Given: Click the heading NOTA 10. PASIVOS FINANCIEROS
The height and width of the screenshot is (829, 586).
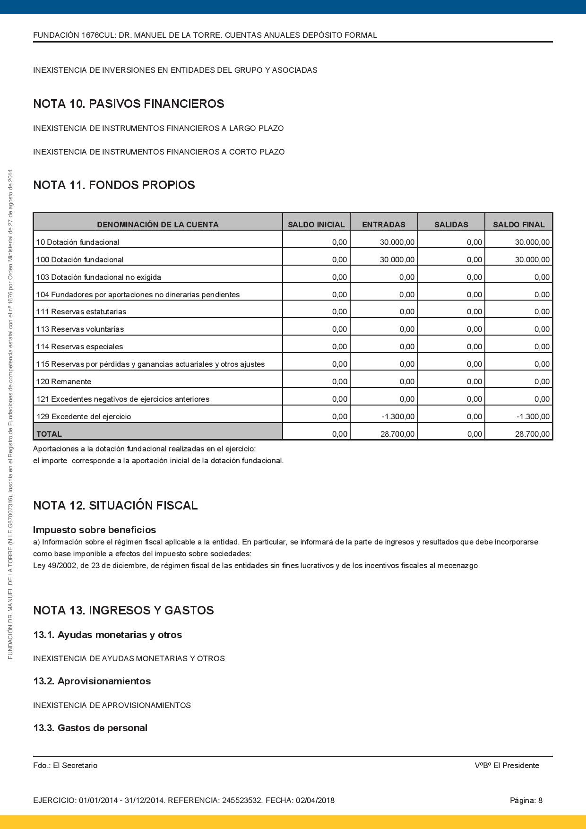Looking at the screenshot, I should [129, 104].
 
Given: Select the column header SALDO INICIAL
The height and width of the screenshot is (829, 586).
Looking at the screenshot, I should [316, 225].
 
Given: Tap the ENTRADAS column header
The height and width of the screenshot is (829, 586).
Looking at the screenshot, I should [384, 225].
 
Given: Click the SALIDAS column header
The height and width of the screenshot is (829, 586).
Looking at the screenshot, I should [451, 225].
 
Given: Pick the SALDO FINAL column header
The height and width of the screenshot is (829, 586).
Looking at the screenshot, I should [518, 225].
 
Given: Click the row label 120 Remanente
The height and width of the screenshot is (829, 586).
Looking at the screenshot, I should [64, 381].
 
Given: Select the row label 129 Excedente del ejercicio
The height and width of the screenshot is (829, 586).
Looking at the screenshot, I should [84, 416].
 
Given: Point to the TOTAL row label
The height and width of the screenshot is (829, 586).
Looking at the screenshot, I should [49, 434].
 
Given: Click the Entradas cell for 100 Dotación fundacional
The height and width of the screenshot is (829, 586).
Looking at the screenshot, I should [397, 259].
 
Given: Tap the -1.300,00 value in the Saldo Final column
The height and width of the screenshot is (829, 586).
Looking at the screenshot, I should [533, 416].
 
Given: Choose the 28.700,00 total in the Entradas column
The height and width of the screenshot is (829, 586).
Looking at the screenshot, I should [397, 434].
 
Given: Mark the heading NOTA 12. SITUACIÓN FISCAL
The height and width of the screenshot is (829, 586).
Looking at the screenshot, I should [115, 505].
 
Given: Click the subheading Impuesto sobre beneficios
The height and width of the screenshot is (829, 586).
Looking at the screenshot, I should [95, 530].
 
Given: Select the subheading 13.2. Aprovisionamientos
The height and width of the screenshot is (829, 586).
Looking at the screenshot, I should [92, 681].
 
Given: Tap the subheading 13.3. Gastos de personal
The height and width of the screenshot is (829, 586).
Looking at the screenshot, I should [90, 728].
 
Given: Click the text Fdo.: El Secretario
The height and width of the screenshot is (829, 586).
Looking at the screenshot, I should [65, 765].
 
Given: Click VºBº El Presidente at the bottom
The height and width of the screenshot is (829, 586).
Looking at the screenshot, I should [507, 765].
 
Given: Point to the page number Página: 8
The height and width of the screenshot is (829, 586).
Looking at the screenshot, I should [526, 800].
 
